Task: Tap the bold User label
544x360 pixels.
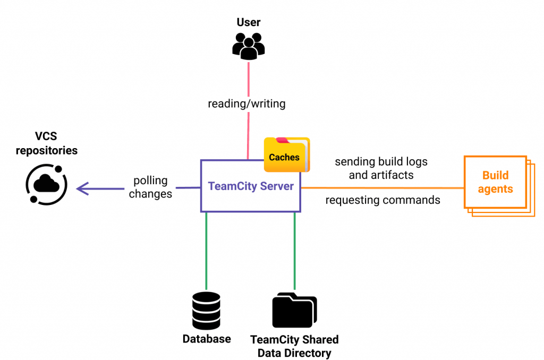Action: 248,22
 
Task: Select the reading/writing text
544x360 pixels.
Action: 246,104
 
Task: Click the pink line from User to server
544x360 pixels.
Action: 248,133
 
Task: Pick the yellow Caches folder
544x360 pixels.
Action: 287,155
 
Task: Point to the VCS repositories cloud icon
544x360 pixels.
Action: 47,185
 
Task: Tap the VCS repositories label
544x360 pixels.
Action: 46,144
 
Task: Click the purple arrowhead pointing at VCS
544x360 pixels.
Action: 82,187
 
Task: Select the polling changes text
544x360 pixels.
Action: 150,187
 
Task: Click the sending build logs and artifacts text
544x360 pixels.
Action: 381,167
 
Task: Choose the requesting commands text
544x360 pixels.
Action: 382,200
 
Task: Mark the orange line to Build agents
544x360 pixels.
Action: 382,187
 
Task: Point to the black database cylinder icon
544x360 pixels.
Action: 206,311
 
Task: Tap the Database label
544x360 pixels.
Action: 207,339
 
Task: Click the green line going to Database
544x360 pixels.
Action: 206,250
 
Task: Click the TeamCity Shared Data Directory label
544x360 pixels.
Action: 294,346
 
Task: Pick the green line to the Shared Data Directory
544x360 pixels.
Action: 294,250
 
